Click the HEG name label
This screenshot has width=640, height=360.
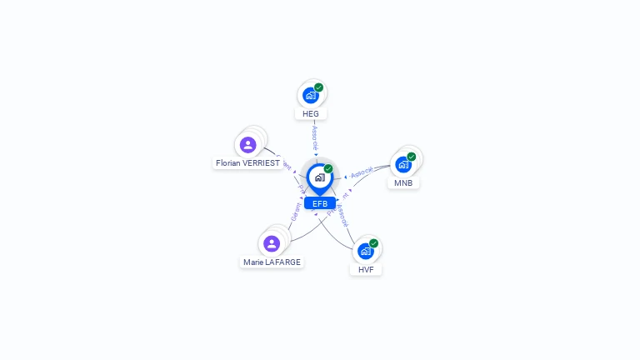[311, 113]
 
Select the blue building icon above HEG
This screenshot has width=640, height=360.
[310, 95]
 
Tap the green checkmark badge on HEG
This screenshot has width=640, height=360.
[318, 87]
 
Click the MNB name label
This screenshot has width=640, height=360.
[403, 182]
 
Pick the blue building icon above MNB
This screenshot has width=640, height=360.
[403, 164]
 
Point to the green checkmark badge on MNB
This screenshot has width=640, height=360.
[412, 157]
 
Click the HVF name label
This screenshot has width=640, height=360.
[366, 269]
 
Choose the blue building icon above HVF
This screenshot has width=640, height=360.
[365, 251]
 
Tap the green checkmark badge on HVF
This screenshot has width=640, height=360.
[373, 243]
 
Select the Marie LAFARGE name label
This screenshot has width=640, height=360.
[272, 262]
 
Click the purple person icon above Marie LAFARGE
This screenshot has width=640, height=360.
[272, 243]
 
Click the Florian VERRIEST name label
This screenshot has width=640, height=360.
[247, 163]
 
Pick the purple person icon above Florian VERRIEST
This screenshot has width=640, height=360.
[247, 145]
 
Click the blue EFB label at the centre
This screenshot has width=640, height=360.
[320, 203]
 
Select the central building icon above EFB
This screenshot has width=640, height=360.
[319, 177]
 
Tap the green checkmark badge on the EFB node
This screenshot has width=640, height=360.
[328, 169]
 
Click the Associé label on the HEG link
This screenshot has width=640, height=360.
[315, 138]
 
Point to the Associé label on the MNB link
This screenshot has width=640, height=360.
[362, 172]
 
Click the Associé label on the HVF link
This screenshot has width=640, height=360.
[342, 216]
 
